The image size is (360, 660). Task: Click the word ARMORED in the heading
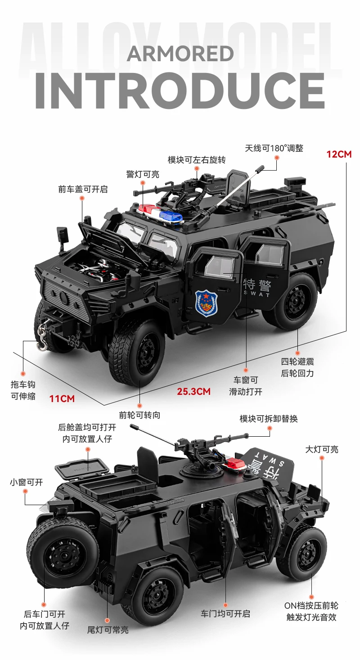pyautogui.click(x=180, y=54)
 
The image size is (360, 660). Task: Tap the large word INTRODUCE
pyautogui.click(x=180, y=90)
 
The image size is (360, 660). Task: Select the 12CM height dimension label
pyautogui.click(x=339, y=154)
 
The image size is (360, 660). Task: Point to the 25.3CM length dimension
pyautogui.click(x=193, y=391)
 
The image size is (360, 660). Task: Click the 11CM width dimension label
pyautogui.click(x=62, y=398)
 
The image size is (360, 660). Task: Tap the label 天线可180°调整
pyautogui.click(x=274, y=148)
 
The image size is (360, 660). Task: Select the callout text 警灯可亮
pyautogui.click(x=143, y=174)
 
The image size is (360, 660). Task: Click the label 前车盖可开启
pyautogui.click(x=83, y=189)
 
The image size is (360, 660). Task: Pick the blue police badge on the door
pyautogui.click(x=206, y=303)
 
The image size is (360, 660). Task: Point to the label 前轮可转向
pyautogui.click(x=139, y=415)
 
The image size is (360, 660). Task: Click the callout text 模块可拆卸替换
pyautogui.click(x=268, y=419)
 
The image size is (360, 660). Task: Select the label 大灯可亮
pyautogui.click(x=322, y=449)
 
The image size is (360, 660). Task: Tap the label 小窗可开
pyautogui.click(x=26, y=482)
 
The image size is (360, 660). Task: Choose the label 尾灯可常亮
pyautogui.click(x=108, y=630)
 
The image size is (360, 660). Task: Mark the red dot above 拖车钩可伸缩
pyautogui.click(x=23, y=374)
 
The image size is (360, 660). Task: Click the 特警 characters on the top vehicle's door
pyautogui.click(x=257, y=285)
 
